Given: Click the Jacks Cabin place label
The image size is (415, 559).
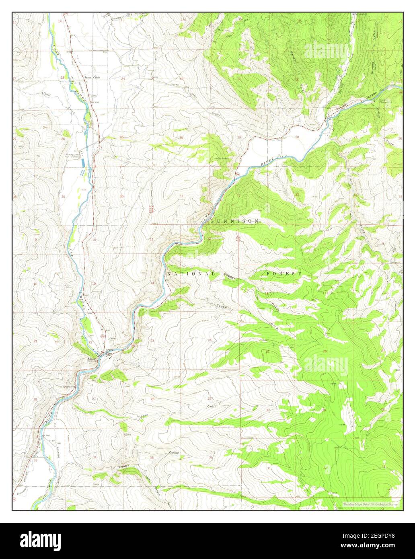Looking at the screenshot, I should coord(92,77).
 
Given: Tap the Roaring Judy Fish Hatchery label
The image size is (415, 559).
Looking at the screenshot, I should coord(73,156).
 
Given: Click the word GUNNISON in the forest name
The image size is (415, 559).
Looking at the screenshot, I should coord(239,222).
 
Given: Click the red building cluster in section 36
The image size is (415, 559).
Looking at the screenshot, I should coord(151,209).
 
